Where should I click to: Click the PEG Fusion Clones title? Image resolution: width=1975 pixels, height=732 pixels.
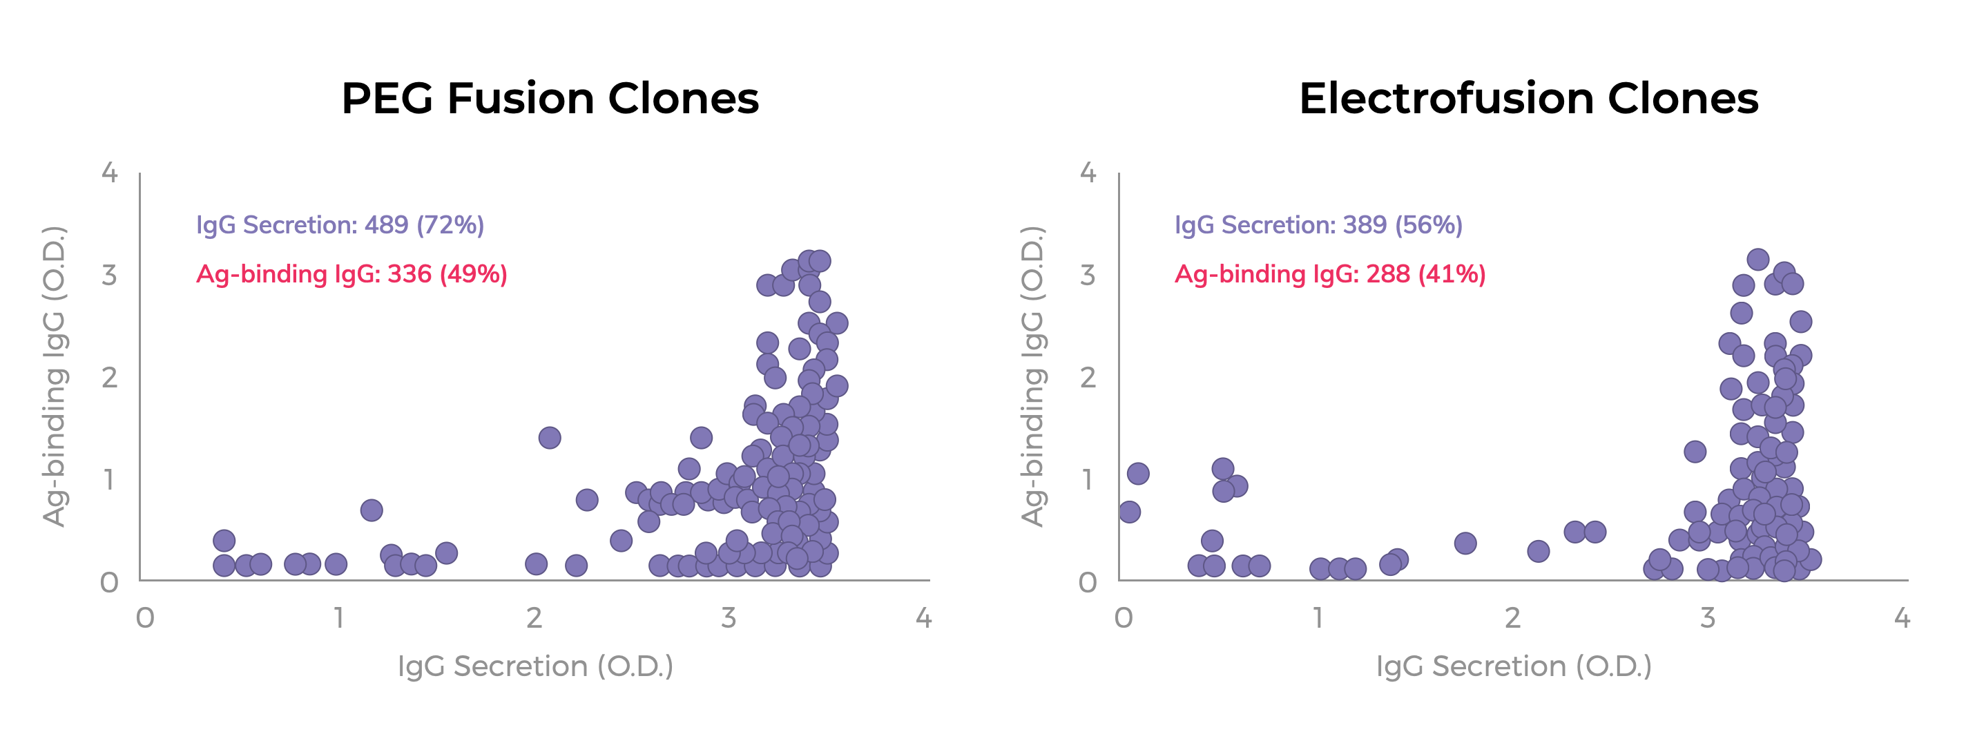pos(550,99)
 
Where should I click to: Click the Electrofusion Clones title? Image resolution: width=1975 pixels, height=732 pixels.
pos(1528,99)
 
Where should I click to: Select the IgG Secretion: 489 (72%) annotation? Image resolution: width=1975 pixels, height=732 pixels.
pos(340,224)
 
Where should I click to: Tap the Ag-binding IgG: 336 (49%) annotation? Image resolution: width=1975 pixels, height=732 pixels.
pos(351,273)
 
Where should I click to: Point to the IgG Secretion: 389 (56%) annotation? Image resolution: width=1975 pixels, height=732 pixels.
pos(1318,224)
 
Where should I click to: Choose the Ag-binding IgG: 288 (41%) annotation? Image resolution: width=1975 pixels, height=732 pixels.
pos(1329,273)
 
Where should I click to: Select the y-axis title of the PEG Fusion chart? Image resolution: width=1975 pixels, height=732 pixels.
pos(54,376)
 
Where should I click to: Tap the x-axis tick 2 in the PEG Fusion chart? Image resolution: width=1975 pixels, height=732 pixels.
pos(534,618)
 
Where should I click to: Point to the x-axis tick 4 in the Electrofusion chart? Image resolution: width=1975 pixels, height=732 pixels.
pos(1901,618)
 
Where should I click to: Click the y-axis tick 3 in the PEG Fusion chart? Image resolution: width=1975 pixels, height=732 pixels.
pos(110,275)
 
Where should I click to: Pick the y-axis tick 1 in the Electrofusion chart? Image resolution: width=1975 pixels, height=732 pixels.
pos(1088,480)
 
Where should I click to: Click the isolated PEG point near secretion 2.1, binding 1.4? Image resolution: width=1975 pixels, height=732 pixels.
pos(549,438)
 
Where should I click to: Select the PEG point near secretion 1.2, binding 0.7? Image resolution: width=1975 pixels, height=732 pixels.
pos(371,510)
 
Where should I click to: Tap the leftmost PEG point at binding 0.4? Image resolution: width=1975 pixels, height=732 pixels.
pos(224,541)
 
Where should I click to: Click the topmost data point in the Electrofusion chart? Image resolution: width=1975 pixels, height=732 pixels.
pos(1758,259)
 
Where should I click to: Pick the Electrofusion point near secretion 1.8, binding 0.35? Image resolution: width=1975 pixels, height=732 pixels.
pos(1465,543)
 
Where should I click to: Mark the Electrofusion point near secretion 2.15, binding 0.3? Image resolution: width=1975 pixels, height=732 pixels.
pos(1538,551)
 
